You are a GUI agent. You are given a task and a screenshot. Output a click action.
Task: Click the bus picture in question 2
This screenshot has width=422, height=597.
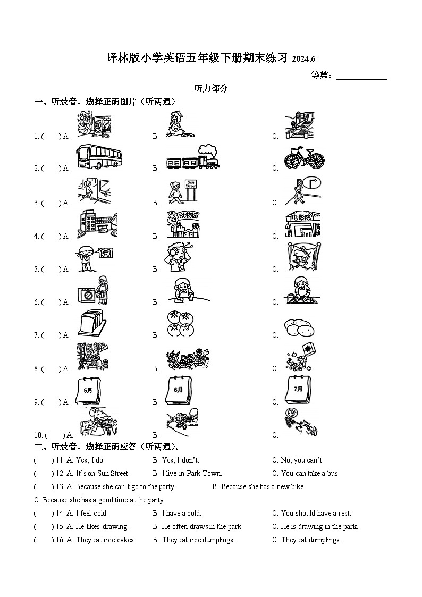pyautogui.click(x=99, y=157)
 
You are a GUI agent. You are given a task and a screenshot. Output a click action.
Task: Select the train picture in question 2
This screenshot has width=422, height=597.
pyautogui.click(x=192, y=158)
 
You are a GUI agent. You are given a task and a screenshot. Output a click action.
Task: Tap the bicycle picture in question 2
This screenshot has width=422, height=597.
pyautogui.click(x=303, y=158)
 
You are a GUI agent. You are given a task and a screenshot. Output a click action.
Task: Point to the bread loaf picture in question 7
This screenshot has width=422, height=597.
pyautogui.click(x=94, y=324)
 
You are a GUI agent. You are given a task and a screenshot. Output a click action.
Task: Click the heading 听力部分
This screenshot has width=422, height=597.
pyautogui.click(x=211, y=89)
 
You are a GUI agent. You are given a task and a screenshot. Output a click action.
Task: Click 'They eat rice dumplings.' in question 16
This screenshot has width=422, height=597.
pyautogui.click(x=198, y=540)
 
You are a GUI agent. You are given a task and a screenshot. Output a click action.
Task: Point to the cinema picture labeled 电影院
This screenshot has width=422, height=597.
pyautogui.click(x=302, y=224)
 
